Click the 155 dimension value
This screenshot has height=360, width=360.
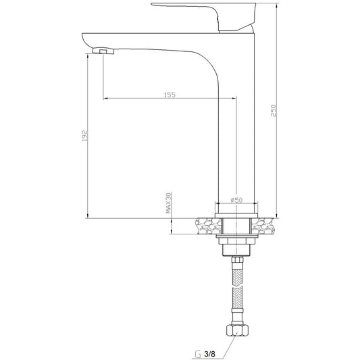pos(170,95)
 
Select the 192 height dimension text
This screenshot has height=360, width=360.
pos(85,136)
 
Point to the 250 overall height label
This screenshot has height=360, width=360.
pos(274,111)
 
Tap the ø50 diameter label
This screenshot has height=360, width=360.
pos(236,200)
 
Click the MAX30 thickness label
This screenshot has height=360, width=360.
pos(169,203)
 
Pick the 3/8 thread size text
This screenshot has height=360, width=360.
pos(209,353)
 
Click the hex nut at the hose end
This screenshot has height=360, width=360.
pos(237,330)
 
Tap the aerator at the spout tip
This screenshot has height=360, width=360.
pos(103,51)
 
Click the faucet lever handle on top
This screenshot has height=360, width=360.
pos(203,16)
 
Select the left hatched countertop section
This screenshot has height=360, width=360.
pos(208,226)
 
